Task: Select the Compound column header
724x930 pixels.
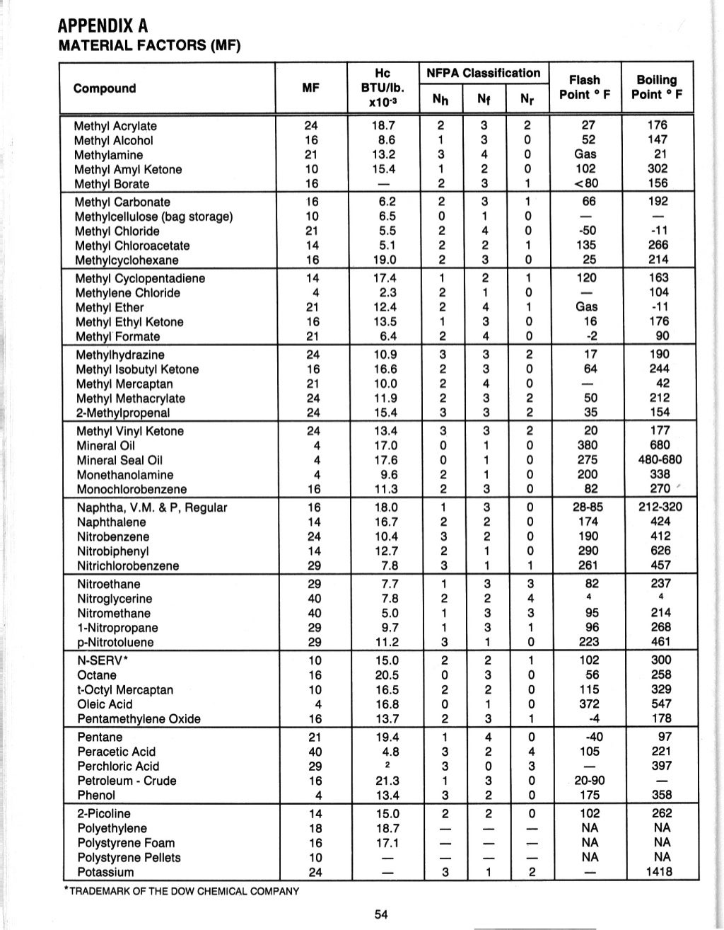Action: coord(105,88)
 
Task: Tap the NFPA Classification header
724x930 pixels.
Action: coord(484,73)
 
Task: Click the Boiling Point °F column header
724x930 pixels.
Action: coord(656,87)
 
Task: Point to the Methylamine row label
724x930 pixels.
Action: coord(109,155)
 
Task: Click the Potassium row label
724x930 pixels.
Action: coord(105,872)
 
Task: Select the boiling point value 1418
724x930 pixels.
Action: coord(659,872)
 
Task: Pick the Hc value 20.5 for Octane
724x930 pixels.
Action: coord(387,675)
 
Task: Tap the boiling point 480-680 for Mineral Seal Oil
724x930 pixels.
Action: coord(659,460)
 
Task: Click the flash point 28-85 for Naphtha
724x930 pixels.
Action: coord(588,507)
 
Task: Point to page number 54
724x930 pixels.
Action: coord(382,914)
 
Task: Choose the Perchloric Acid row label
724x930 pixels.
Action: coord(118,767)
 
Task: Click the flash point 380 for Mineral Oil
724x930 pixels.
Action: coord(588,446)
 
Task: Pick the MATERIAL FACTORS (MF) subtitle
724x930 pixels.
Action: coord(149,47)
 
